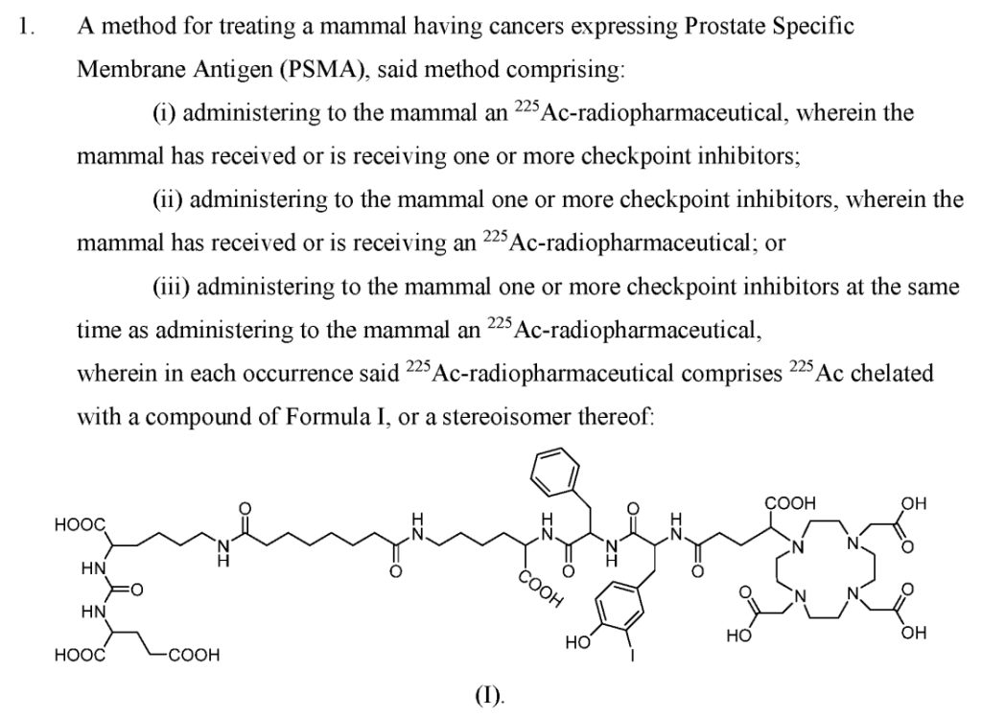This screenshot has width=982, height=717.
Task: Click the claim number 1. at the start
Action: tap(29, 28)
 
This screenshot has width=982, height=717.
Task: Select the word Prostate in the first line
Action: tap(722, 28)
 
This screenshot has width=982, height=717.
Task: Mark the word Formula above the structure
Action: tap(293, 417)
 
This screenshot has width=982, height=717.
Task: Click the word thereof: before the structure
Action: tap(605, 417)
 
